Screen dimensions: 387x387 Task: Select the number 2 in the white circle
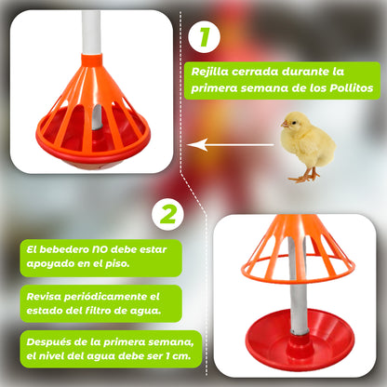point(167,214)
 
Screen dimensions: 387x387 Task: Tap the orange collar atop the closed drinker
point(91,61)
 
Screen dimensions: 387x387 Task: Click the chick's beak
point(285,127)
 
